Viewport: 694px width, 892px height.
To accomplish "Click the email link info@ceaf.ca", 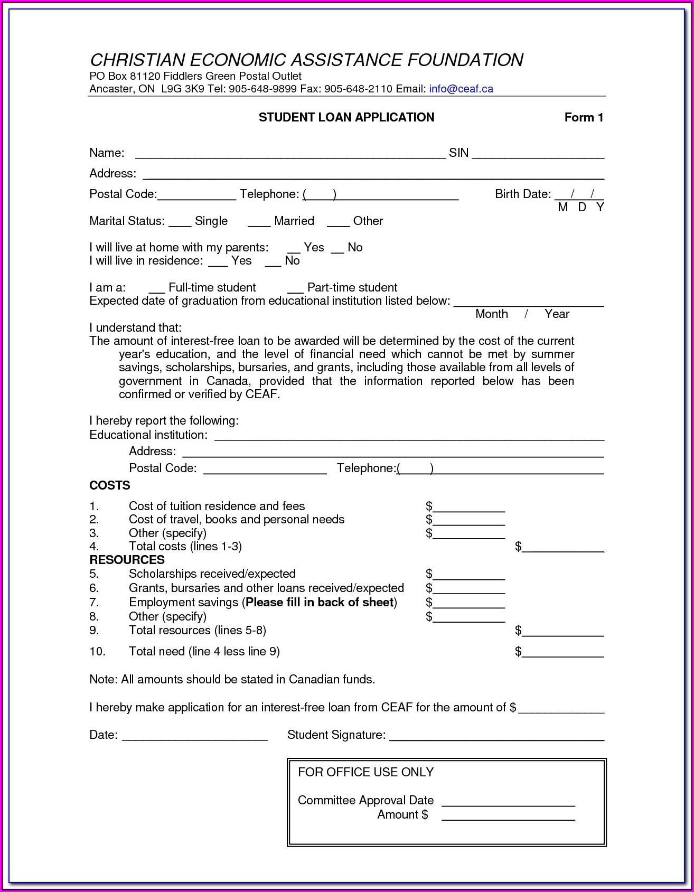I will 461,89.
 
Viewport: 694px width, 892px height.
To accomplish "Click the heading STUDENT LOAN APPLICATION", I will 346,117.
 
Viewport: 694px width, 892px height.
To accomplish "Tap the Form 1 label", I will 584,117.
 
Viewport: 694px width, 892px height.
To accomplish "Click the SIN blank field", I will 538,154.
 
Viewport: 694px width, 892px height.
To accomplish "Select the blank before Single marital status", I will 180,222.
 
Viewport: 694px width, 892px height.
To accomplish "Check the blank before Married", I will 259,222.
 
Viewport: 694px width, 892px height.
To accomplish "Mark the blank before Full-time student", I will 157,289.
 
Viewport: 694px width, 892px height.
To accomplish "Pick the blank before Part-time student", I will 296,289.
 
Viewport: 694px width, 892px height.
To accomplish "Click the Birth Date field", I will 579,195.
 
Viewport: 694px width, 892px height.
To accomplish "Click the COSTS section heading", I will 110,485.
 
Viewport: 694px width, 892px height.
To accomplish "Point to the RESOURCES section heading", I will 127,560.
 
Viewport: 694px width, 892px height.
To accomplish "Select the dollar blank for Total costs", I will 562,548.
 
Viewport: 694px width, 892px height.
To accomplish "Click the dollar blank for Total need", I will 562,653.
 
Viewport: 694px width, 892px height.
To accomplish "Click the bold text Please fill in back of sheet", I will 320,603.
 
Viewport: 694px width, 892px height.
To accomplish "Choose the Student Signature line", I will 496,736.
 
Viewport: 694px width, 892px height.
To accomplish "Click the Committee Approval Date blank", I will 508,802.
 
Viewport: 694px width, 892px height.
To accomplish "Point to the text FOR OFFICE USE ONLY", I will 365,772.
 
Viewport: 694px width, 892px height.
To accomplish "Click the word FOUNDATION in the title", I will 465,60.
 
